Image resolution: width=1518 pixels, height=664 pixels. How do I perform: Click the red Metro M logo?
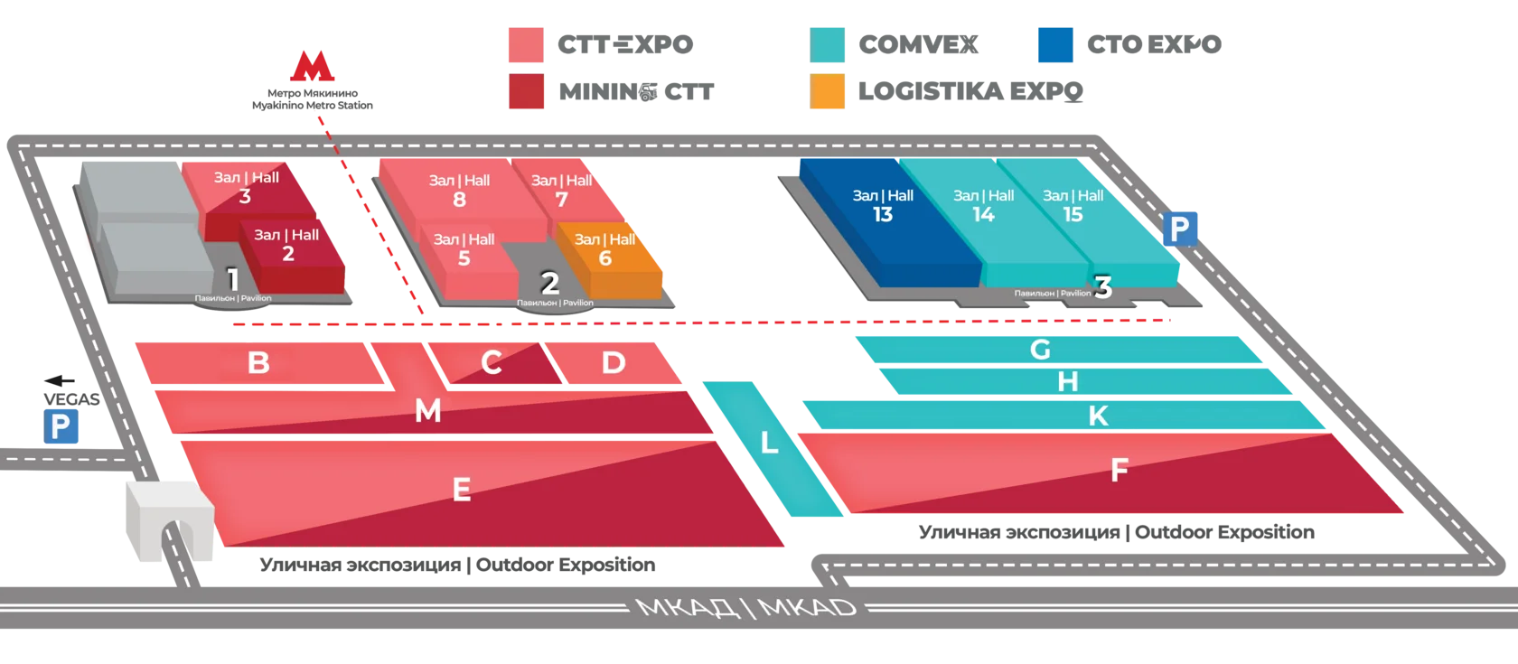tap(312, 67)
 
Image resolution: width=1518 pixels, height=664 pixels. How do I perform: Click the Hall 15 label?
tap(1073, 205)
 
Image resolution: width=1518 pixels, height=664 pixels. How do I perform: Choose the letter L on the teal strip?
tap(769, 443)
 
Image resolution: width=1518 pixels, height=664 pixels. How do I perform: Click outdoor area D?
tap(614, 363)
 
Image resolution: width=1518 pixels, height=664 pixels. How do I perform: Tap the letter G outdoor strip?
tap(1057, 350)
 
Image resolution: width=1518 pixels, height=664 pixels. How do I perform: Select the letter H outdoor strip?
tap(1084, 381)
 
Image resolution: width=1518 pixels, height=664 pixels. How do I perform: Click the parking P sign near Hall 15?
tap(1180, 229)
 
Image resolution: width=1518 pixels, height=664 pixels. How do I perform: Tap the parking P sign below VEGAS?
tap(61, 426)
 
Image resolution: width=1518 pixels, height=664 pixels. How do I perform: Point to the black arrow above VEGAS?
tap(60, 381)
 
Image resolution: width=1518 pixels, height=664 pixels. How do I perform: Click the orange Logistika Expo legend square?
tap(828, 91)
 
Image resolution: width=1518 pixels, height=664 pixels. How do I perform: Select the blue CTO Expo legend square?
tap(1055, 45)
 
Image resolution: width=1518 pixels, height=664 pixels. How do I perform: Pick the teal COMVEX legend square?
tap(828, 45)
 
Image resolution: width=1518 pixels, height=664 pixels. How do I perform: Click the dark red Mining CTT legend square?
tap(527, 91)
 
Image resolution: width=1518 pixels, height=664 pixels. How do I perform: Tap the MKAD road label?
tap(745, 608)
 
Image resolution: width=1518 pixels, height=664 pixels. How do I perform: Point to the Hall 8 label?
tap(459, 191)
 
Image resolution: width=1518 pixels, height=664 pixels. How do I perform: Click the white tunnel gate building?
tap(170, 520)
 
